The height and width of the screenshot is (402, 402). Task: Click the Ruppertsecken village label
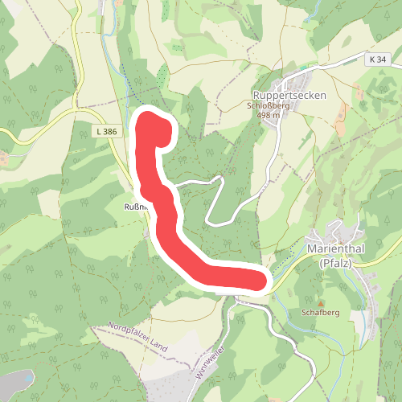click(x=289, y=92)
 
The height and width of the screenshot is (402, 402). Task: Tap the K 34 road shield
click(x=377, y=59)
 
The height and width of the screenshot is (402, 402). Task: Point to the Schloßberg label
click(x=268, y=105)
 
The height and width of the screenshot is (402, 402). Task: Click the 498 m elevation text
click(x=268, y=115)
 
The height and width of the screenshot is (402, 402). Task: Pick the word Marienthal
click(x=336, y=248)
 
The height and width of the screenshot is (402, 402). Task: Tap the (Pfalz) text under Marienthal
click(x=336, y=262)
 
